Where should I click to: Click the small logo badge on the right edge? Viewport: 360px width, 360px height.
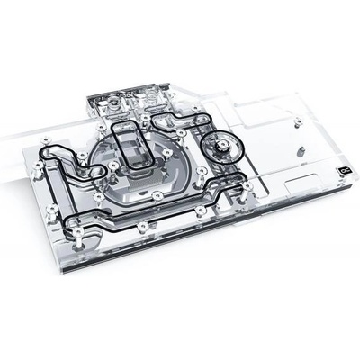(343, 166)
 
